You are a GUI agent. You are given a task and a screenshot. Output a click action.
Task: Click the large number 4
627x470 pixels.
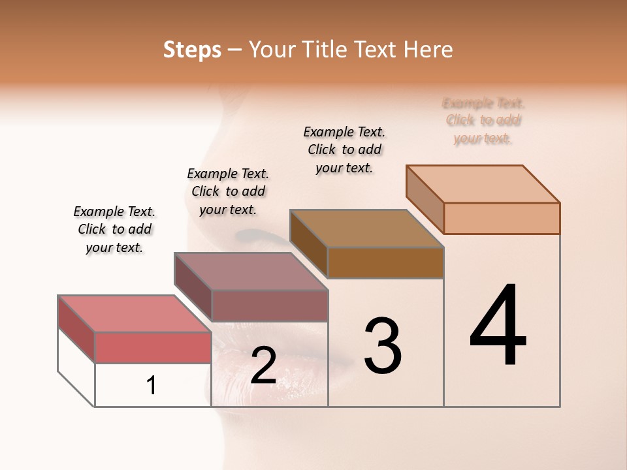pyautogui.click(x=498, y=326)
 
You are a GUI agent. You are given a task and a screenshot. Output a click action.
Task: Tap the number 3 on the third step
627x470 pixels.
pyautogui.click(x=383, y=346)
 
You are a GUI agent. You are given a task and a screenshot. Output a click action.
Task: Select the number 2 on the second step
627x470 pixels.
pyautogui.click(x=263, y=366)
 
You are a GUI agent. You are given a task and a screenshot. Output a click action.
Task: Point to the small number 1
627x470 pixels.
pyautogui.click(x=152, y=386)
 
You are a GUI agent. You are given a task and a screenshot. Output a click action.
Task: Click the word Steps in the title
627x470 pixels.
pyautogui.click(x=192, y=50)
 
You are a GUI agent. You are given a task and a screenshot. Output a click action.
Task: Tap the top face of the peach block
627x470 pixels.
pyautogui.click(x=483, y=184)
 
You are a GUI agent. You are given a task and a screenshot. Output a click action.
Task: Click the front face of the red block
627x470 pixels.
pyautogui.click(x=153, y=347)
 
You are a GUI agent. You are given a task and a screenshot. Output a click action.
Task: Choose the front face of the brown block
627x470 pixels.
pyautogui.click(x=385, y=263)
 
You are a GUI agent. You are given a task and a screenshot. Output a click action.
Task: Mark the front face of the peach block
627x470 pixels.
pyautogui.click(x=502, y=218)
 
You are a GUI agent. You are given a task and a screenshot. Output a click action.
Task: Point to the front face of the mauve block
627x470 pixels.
pyautogui.click(x=269, y=305)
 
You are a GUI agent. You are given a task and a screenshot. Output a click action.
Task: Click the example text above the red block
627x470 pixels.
pyautogui.click(x=114, y=229)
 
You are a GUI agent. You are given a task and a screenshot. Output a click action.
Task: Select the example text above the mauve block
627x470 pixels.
pyautogui.click(x=228, y=191)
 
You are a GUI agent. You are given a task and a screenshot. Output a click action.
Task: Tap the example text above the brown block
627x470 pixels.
pyautogui.click(x=344, y=149)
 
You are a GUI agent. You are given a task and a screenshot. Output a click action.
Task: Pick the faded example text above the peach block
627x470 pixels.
pyautogui.click(x=483, y=121)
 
